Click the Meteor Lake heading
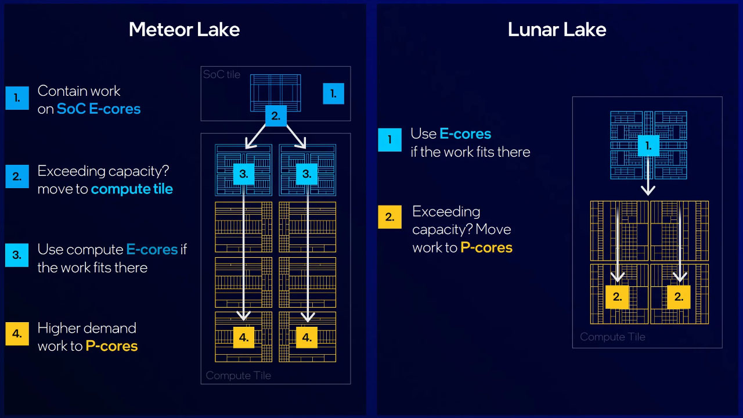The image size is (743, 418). pos(184,30)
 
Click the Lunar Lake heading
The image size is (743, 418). pos(557,30)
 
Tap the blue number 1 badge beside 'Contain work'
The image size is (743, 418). pos(17,98)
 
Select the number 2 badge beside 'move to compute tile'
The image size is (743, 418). pos(17,176)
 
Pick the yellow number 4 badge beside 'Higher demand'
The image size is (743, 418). pos(17,334)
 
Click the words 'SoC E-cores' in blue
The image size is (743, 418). pos(99,109)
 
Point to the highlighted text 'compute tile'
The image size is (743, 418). pos(132,189)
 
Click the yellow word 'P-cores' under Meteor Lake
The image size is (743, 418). pos(111,346)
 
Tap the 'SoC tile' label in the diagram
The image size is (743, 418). pos(222,75)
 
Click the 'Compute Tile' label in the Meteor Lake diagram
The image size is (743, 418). pos(239,375)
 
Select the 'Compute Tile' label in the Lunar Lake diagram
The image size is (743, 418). pos(612,337)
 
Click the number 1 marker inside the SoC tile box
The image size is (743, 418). pos(333,93)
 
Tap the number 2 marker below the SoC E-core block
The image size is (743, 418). pos(276,116)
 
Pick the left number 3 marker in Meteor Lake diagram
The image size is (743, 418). pos(243,174)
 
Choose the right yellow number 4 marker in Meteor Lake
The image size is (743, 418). pos(306,337)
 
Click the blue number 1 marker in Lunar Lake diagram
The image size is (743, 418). pos(648,146)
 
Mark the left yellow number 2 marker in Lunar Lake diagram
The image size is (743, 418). pos(617,297)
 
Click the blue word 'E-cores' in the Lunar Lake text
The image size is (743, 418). pos(465,134)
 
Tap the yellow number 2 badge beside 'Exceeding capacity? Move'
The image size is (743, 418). pos(389,217)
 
